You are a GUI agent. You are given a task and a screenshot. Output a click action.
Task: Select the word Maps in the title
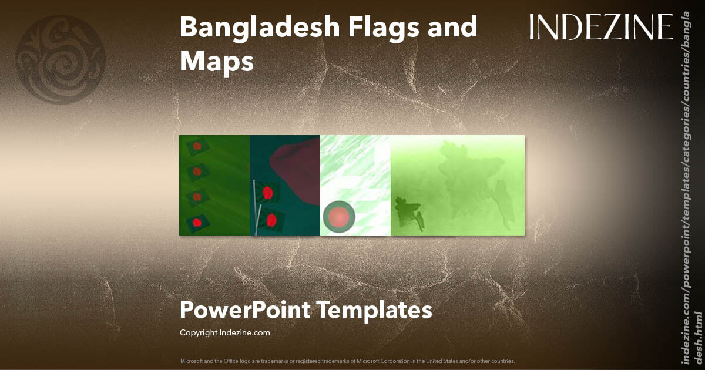(x=216, y=61)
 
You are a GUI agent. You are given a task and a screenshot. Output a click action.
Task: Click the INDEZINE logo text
(x=600, y=28)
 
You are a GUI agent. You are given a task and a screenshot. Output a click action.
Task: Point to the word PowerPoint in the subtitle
(x=245, y=310)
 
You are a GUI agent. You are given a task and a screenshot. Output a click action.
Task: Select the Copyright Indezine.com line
(x=224, y=333)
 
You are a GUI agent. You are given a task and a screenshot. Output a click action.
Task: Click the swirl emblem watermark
(x=61, y=60)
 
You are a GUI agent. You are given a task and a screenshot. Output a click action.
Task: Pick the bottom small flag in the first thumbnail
(x=196, y=222)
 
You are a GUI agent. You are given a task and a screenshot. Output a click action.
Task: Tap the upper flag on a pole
(x=267, y=193)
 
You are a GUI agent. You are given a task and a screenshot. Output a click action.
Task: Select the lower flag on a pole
(x=270, y=220)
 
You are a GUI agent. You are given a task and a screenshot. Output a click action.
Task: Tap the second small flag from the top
(x=197, y=171)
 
